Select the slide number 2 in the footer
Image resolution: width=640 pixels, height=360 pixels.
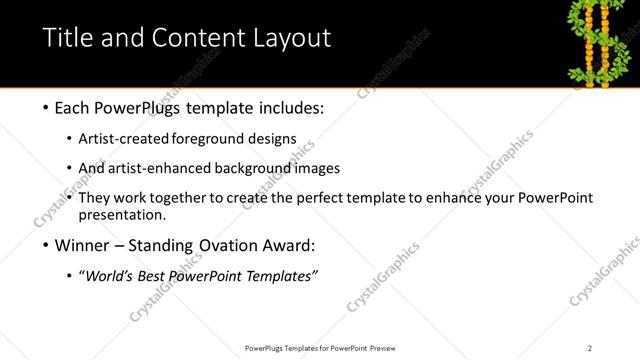tap(590, 348)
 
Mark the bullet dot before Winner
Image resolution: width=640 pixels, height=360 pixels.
tap(48, 245)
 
